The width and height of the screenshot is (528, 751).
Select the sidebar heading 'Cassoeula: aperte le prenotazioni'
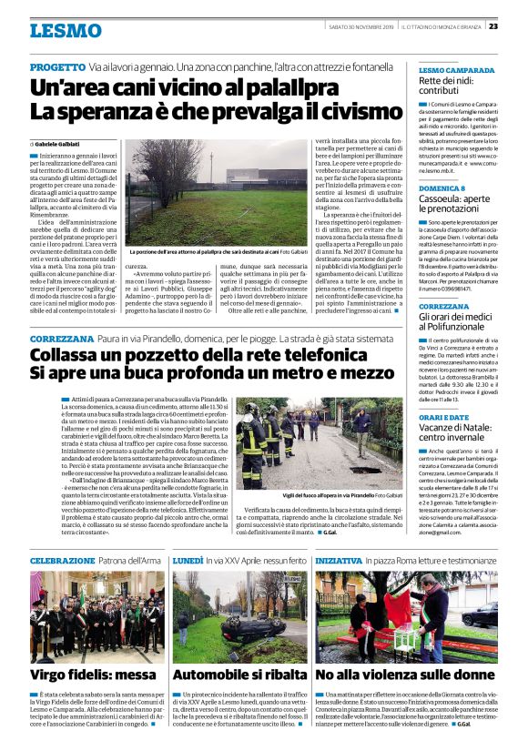(x=455, y=204)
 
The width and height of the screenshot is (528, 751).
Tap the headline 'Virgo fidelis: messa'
(x=80, y=675)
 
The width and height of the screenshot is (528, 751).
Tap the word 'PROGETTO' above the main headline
(x=57, y=68)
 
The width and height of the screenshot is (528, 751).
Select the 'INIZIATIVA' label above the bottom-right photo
(x=338, y=561)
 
